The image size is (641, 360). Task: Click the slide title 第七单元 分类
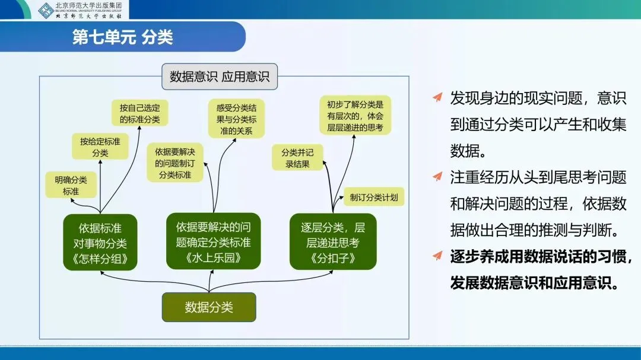122,38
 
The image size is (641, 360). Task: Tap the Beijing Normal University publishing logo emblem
46,10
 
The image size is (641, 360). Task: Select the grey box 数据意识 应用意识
219,77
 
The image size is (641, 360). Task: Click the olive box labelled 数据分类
209,307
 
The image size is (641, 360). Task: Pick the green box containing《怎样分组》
100,243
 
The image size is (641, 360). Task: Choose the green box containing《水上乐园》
214,242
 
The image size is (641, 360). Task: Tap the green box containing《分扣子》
333,243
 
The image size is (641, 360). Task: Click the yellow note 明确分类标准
71,186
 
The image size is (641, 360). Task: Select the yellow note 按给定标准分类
100,146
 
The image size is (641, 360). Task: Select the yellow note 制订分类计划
374,197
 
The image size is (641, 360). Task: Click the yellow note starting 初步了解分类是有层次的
356,115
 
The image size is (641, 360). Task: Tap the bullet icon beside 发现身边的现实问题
437,97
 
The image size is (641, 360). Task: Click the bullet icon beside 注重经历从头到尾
437,176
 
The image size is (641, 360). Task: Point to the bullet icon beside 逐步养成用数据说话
437,256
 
